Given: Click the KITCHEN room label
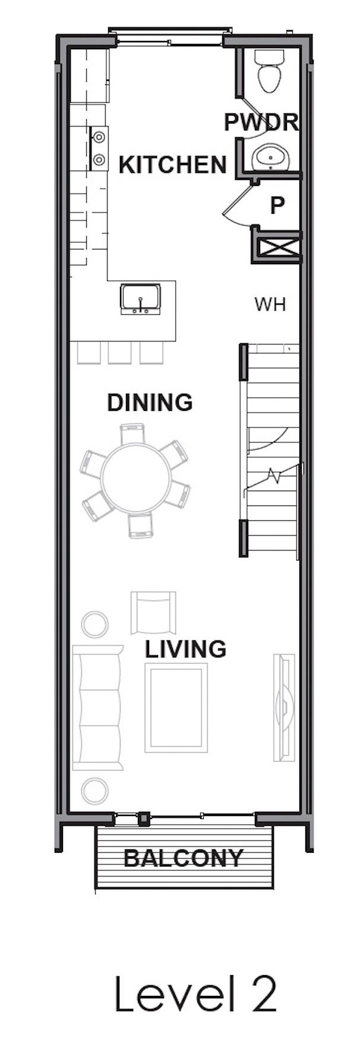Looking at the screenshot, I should (x=172, y=164).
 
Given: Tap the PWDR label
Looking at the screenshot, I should (x=260, y=122).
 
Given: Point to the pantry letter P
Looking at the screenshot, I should (x=277, y=205).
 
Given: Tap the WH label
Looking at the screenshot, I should (x=270, y=305).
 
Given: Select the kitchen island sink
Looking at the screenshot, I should (x=140, y=299).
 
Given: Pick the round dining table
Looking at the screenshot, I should (x=135, y=480).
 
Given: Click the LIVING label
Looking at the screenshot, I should (x=185, y=649).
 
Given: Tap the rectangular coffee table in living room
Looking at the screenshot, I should (x=176, y=708).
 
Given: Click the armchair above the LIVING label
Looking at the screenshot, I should (x=153, y=613).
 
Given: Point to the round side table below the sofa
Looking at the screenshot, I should (x=94, y=791).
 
